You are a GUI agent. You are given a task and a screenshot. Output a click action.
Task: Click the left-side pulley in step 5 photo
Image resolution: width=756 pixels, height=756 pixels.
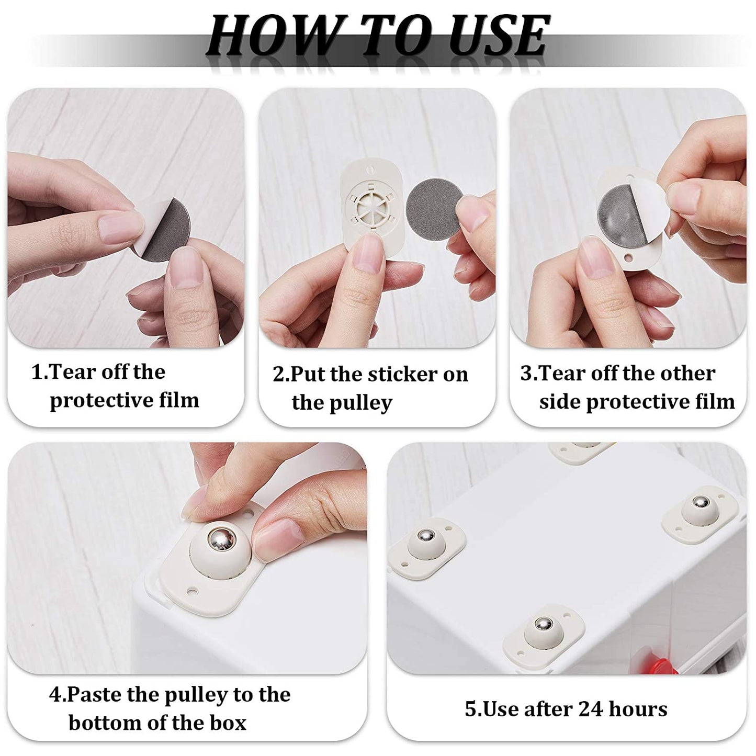425,546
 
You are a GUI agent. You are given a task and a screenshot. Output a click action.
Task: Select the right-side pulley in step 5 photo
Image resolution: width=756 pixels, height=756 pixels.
700,510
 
